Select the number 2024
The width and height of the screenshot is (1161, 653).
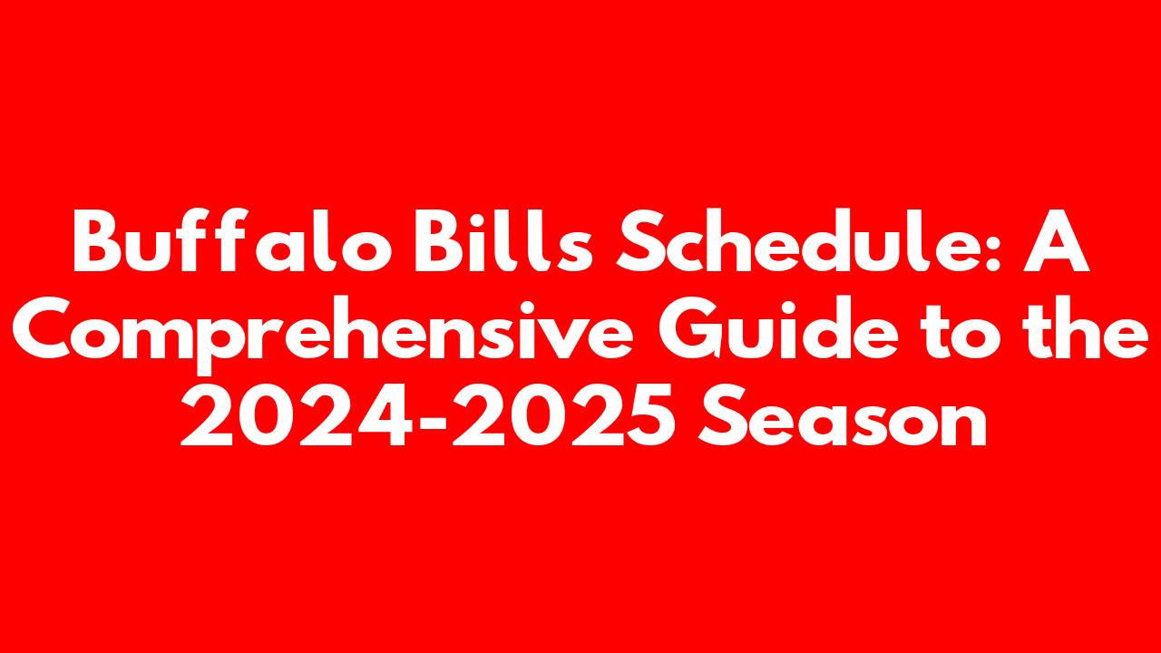[x=297, y=414]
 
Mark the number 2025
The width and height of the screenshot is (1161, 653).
[x=564, y=414]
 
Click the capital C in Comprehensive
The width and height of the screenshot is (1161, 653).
[x=44, y=328]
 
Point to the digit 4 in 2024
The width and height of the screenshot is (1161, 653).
[x=385, y=414]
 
